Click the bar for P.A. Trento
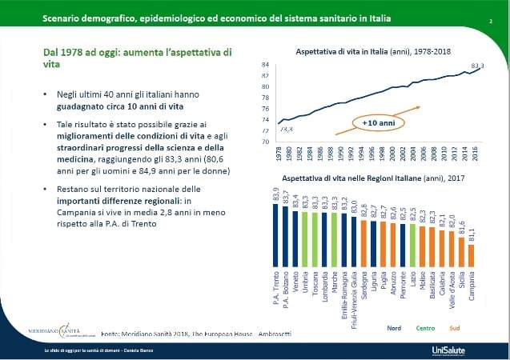coord(276,237)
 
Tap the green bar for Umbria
coord(306,239)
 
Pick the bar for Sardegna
coord(363,242)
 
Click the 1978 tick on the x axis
coord(277,152)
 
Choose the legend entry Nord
coord(394,326)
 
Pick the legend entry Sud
coord(454,326)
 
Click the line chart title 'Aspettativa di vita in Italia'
coord(373,51)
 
